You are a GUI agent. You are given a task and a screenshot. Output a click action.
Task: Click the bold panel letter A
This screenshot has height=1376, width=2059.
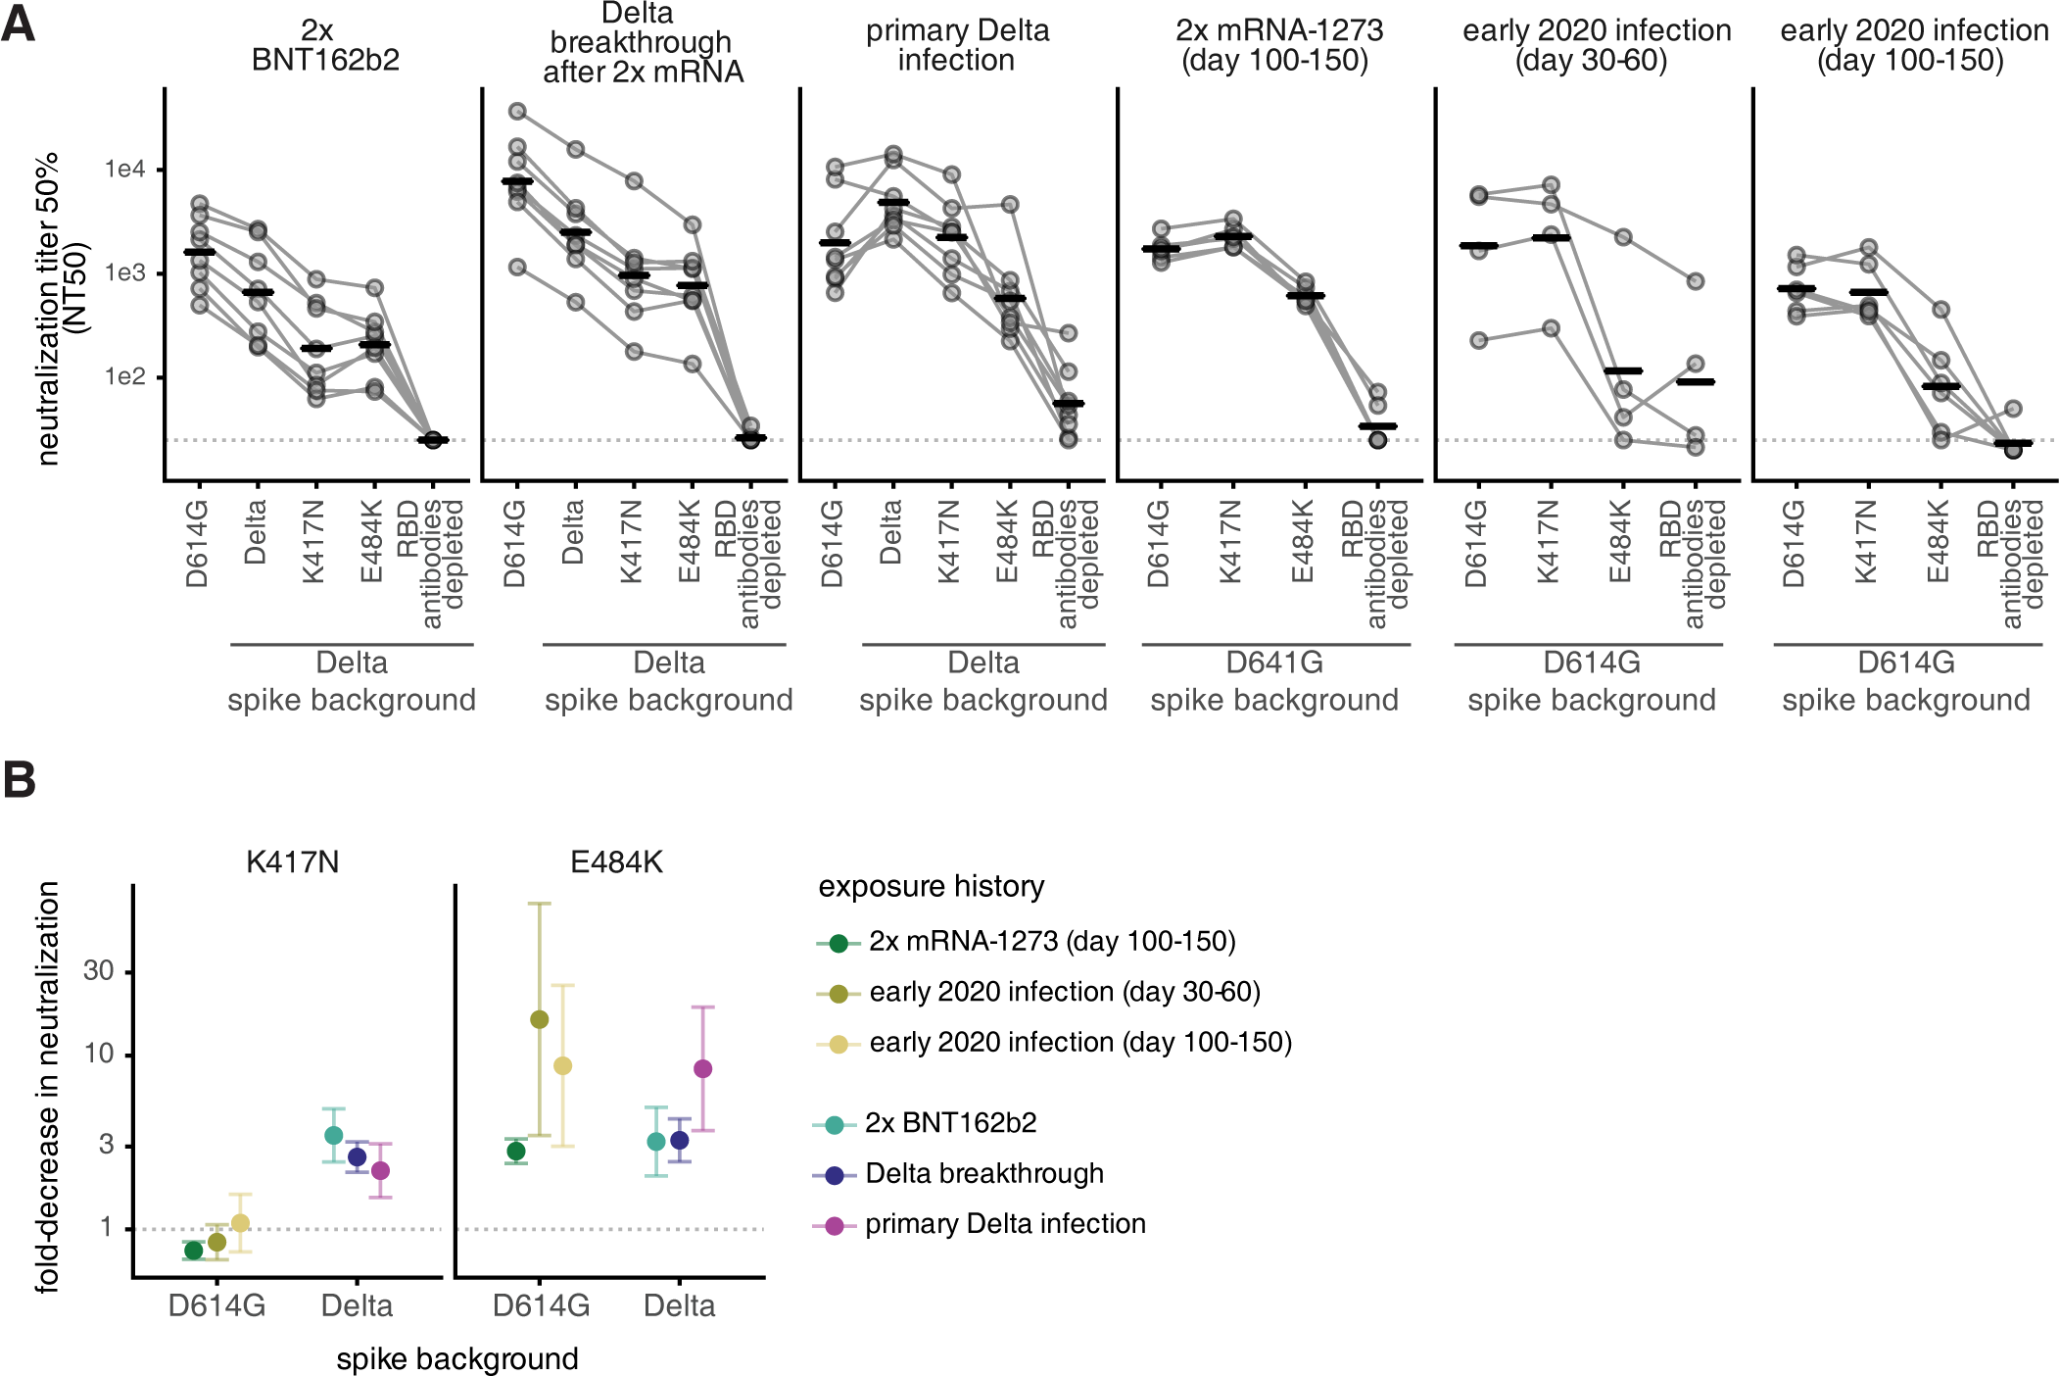pyautogui.click(x=19, y=24)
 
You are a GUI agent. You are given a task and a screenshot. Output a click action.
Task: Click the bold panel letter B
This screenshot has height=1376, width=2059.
pyautogui.click(x=19, y=780)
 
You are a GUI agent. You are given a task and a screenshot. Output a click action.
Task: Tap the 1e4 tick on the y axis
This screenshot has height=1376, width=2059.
pyautogui.click(x=124, y=170)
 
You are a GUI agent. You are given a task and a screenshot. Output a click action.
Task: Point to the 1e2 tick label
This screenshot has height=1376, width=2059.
pyautogui.click(x=124, y=376)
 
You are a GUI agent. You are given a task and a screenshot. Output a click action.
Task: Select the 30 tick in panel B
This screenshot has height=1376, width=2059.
pyautogui.click(x=99, y=970)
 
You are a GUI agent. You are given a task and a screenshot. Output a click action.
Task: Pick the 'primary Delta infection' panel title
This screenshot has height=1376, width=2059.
pyautogui.click(x=957, y=45)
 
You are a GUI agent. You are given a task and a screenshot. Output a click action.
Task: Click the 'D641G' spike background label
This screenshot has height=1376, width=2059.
pyautogui.click(x=1274, y=663)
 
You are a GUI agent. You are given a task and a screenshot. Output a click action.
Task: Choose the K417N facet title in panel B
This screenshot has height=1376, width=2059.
pyautogui.click(x=292, y=862)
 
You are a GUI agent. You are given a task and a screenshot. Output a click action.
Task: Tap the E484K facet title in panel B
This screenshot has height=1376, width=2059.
pyautogui.click(x=616, y=862)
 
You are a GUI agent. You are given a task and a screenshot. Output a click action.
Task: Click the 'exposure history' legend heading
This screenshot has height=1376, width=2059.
pyautogui.click(x=931, y=886)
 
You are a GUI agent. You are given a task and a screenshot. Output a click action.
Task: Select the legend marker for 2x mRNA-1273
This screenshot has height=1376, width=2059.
pyautogui.click(x=838, y=943)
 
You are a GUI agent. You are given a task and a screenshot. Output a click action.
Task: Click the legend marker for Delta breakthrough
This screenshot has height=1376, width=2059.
pyautogui.click(x=835, y=1175)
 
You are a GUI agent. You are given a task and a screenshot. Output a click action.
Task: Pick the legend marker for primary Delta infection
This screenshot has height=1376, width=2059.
pyautogui.click(x=835, y=1225)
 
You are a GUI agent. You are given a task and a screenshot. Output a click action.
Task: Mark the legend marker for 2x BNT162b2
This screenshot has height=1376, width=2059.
pyautogui.click(x=835, y=1124)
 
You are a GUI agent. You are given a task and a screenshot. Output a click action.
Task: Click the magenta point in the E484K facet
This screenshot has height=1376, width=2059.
pyautogui.click(x=702, y=1068)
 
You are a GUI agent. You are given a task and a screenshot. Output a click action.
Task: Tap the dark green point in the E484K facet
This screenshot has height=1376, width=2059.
pyautogui.click(x=516, y=1151)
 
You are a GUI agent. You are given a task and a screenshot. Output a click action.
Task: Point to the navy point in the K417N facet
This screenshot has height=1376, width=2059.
pyautogui.click(x=358, y=1156)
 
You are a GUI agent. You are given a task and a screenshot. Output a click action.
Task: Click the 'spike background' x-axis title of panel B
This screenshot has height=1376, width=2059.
pyautogui.click(x=457, y=1359)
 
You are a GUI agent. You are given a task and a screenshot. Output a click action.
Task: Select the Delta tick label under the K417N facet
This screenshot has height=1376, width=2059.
pyautogui.click(x=357, y=1305)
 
